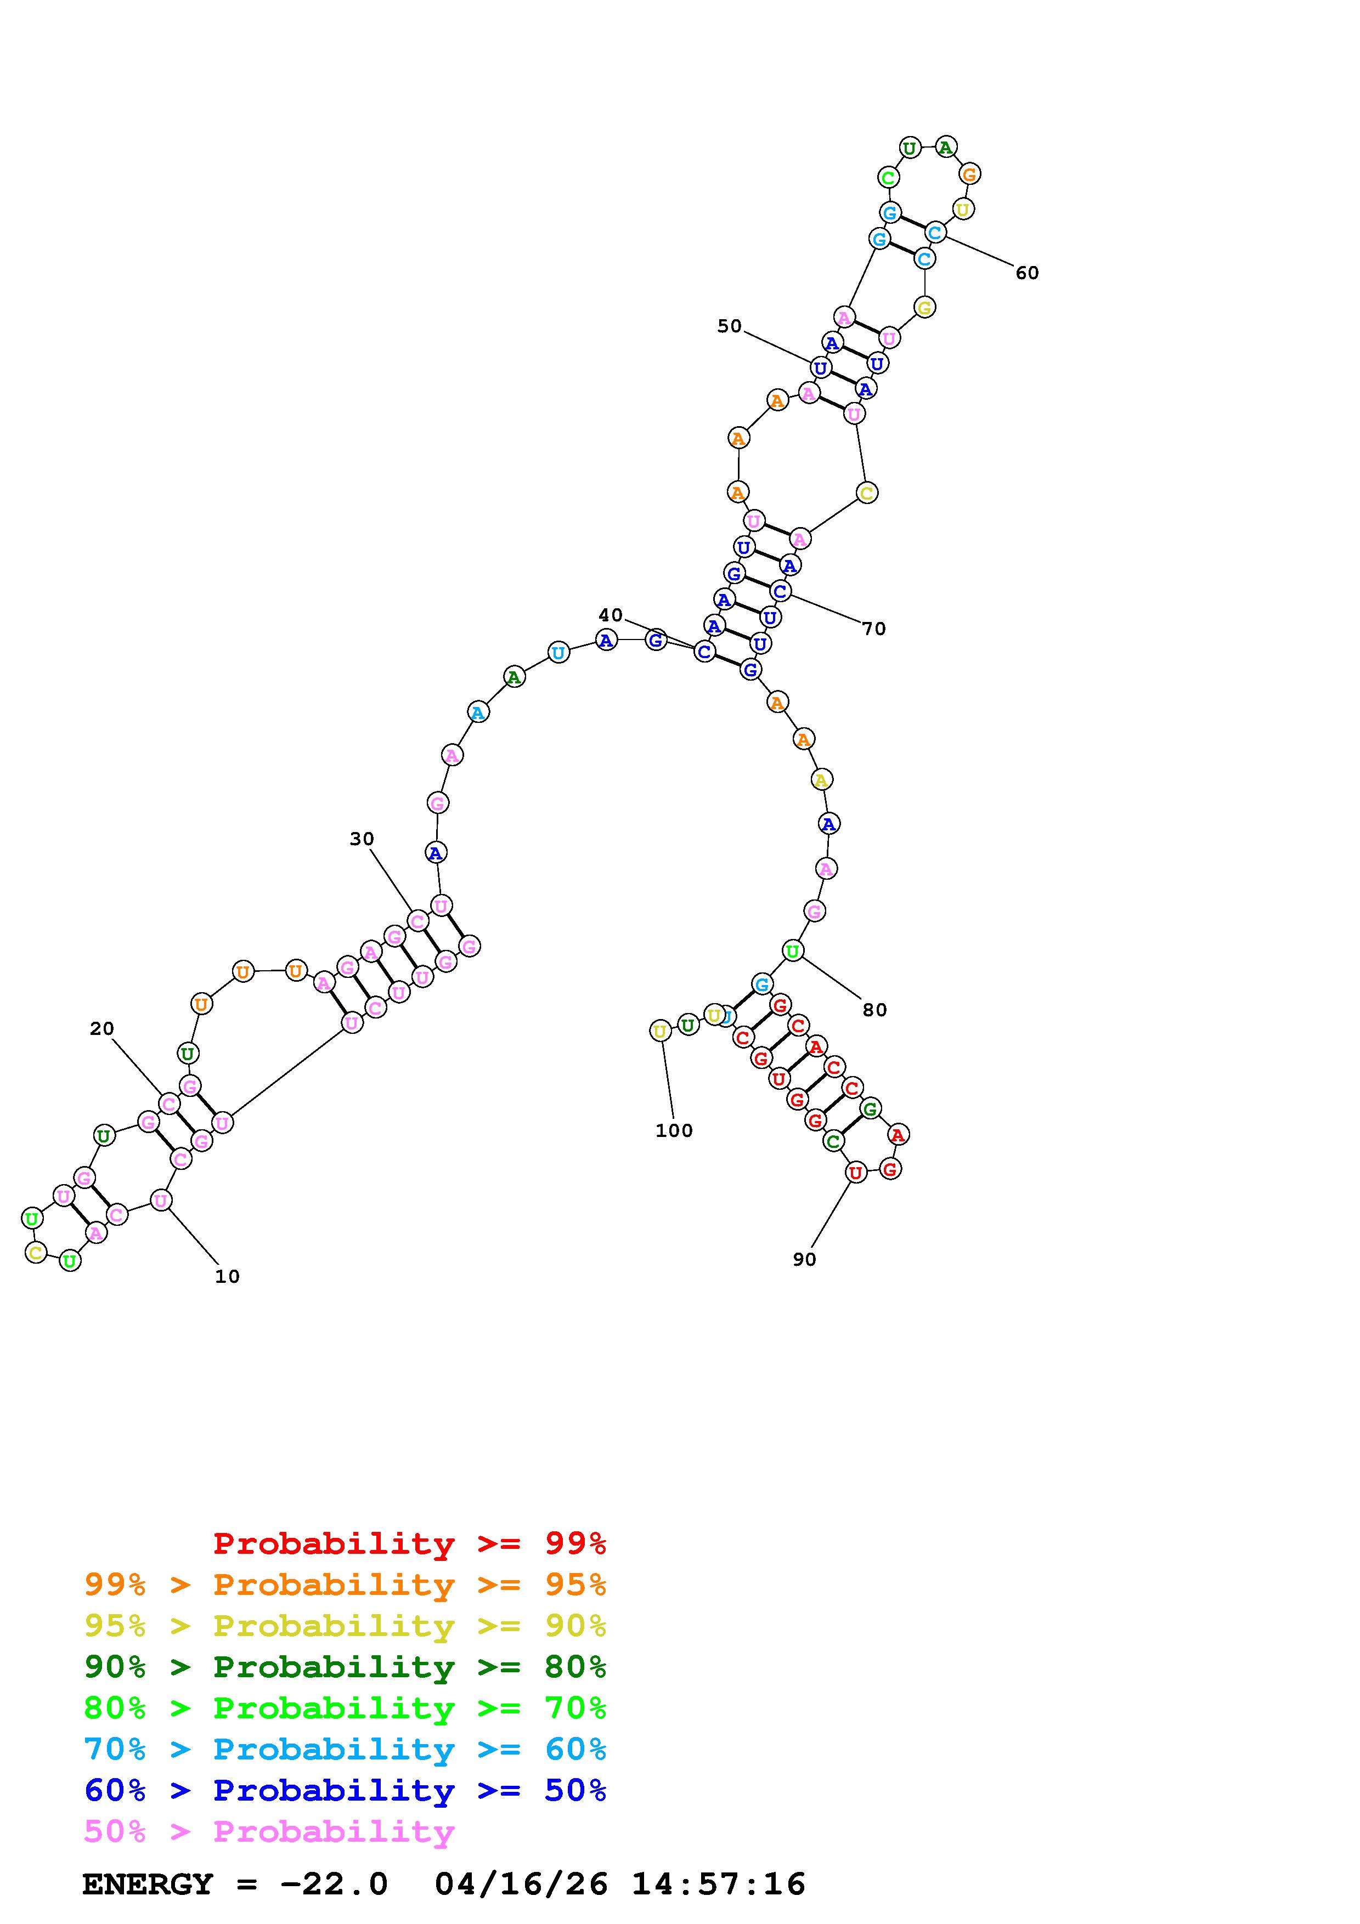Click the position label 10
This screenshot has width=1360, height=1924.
click(x=227, y=1276)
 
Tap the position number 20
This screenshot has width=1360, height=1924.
click(x=101, y=1028)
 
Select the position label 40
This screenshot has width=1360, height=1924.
click(x=610, y=615)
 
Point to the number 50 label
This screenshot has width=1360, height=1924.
click(x=729, y=326)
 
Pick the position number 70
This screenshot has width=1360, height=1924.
click(x=874, y=629)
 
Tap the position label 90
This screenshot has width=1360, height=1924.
click(x=804, y=1259)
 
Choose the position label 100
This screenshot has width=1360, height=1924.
click(x=674, y=1130)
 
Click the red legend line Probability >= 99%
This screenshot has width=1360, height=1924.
click(x=410, y=1543)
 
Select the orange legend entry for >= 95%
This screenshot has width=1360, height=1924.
click(x=345, y=1584)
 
